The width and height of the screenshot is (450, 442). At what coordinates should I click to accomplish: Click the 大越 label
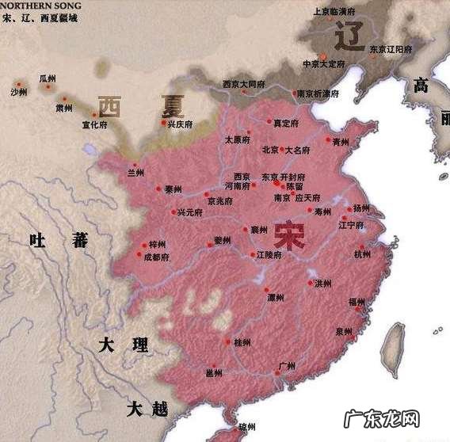click(x=148, y=409)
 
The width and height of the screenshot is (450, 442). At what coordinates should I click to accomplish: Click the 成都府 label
click(x=157, y=257)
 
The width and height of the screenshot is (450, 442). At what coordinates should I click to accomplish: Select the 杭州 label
click(x=362, y=254)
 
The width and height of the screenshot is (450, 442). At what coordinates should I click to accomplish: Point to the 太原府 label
click(x=237, y=139)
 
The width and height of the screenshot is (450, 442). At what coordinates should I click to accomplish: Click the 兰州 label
click(x=135, y=172)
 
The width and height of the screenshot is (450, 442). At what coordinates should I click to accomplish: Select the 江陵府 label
click(x=269, y=255)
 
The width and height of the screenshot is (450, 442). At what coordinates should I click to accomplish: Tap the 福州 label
click(x=357, y=302)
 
